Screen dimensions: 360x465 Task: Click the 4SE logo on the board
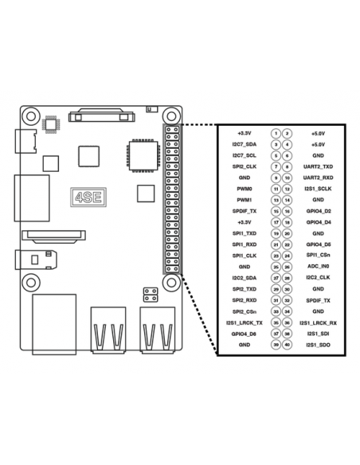pyautogui.click(x=88, y=197)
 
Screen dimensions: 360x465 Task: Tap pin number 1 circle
pyautogui.click(x=276, y=134)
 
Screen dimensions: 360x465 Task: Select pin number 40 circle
pyautogui.click(x=287, y=345)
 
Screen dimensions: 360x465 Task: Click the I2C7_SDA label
pyautogui.click(x=245, y=144)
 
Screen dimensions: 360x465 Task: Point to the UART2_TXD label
pyautogui.click(x=318, y=166)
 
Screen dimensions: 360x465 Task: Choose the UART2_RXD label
pyautogui.click(x=318, y=178)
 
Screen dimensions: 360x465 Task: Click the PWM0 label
pyautogui.click(x=245, y=189)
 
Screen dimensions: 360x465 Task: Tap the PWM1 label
pyautogui.click(x=245, y=200)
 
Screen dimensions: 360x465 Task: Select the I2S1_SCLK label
pyautogui.click(x=318, y=189)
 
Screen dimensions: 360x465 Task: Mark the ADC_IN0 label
pyautogui.click(x=318, y=266)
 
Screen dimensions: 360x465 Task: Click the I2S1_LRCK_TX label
pyautogui.click(x=245, y=323)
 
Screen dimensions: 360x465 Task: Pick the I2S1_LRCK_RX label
pyautogui.click(x=318, y=323)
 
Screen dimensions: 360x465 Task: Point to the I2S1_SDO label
pyautogui.click(x=318, y=345)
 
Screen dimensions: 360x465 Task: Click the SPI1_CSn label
pyautogui.click(x=318, y=255)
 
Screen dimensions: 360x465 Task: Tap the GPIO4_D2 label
pyautogui.click(x=318, y=211)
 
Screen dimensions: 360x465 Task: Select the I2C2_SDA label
pyautogui.click(x=245, y=278)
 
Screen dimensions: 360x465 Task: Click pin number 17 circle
pyautogui.click(x=276, y=222)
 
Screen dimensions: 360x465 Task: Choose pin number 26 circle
pyautogui.click(x=287, y=267)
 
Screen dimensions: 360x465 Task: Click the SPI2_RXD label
pyautogui.click(x=245, y=300)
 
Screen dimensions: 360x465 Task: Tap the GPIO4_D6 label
pyautogui.click(x=318, y=244)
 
